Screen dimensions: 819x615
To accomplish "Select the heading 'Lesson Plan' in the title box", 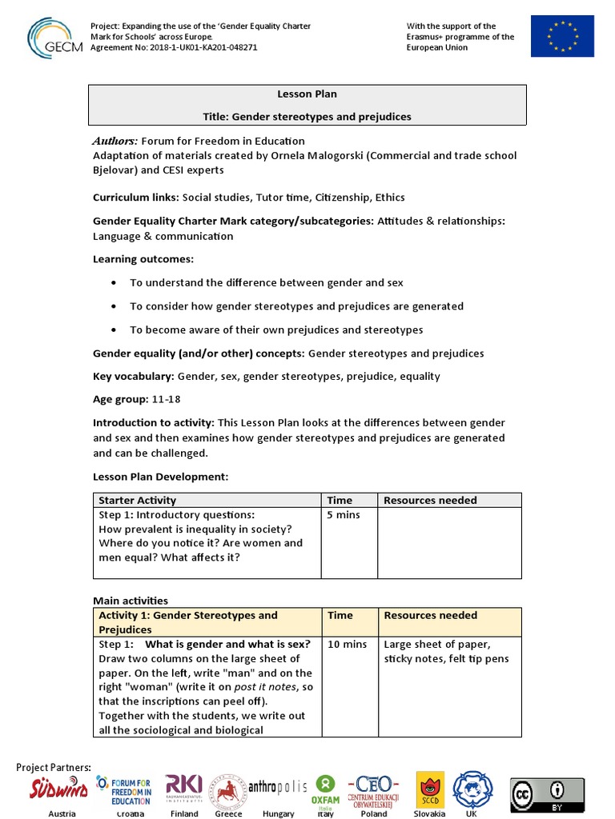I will coord(307,94).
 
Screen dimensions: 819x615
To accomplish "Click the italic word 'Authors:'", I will coord(115,141).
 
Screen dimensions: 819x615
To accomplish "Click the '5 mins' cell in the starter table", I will coord(344,515).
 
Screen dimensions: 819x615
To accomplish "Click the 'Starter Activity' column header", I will coord(131,501).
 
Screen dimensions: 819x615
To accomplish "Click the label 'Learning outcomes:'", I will coord(143,259).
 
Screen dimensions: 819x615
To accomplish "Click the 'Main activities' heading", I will coord(131,601).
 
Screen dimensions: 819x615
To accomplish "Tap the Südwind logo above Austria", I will coord(59,788).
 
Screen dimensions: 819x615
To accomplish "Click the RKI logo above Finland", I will coord(184,787).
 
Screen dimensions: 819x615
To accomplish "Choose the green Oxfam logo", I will coord(326,789).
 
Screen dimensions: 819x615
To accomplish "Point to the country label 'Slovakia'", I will coord(429,813).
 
